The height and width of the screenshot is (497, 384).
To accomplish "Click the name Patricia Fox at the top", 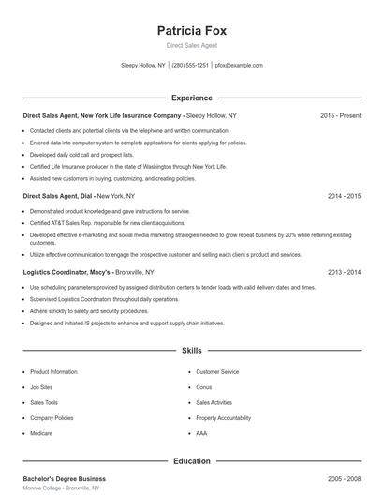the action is point(192,30).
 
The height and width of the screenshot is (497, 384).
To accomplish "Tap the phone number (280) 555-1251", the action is point(190,66).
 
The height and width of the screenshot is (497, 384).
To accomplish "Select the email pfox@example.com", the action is point(239,66).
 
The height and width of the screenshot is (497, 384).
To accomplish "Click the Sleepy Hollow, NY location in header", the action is point(143,66).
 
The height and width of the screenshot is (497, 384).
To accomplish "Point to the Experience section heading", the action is point(192,98).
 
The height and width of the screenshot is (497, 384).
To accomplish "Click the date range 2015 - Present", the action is point(340,115).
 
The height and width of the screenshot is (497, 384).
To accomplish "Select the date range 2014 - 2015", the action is point(344,196).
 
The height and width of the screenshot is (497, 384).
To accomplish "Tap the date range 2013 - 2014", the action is point(344,272).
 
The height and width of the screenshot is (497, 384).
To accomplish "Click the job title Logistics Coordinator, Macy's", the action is point(68,272).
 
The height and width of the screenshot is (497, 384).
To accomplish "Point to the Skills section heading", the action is point(192,351).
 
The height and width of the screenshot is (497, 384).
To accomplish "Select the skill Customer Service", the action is point(217,372).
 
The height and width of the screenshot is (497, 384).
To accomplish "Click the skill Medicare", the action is point(41,433).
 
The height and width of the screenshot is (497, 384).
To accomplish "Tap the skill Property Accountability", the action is point(223,418).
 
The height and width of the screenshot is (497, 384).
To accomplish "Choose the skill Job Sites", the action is point(41,387).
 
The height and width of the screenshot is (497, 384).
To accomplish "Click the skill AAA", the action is point(201,433).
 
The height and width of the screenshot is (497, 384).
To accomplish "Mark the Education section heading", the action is point(192,461).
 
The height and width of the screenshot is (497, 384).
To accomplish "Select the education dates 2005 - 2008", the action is point(344,479).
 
